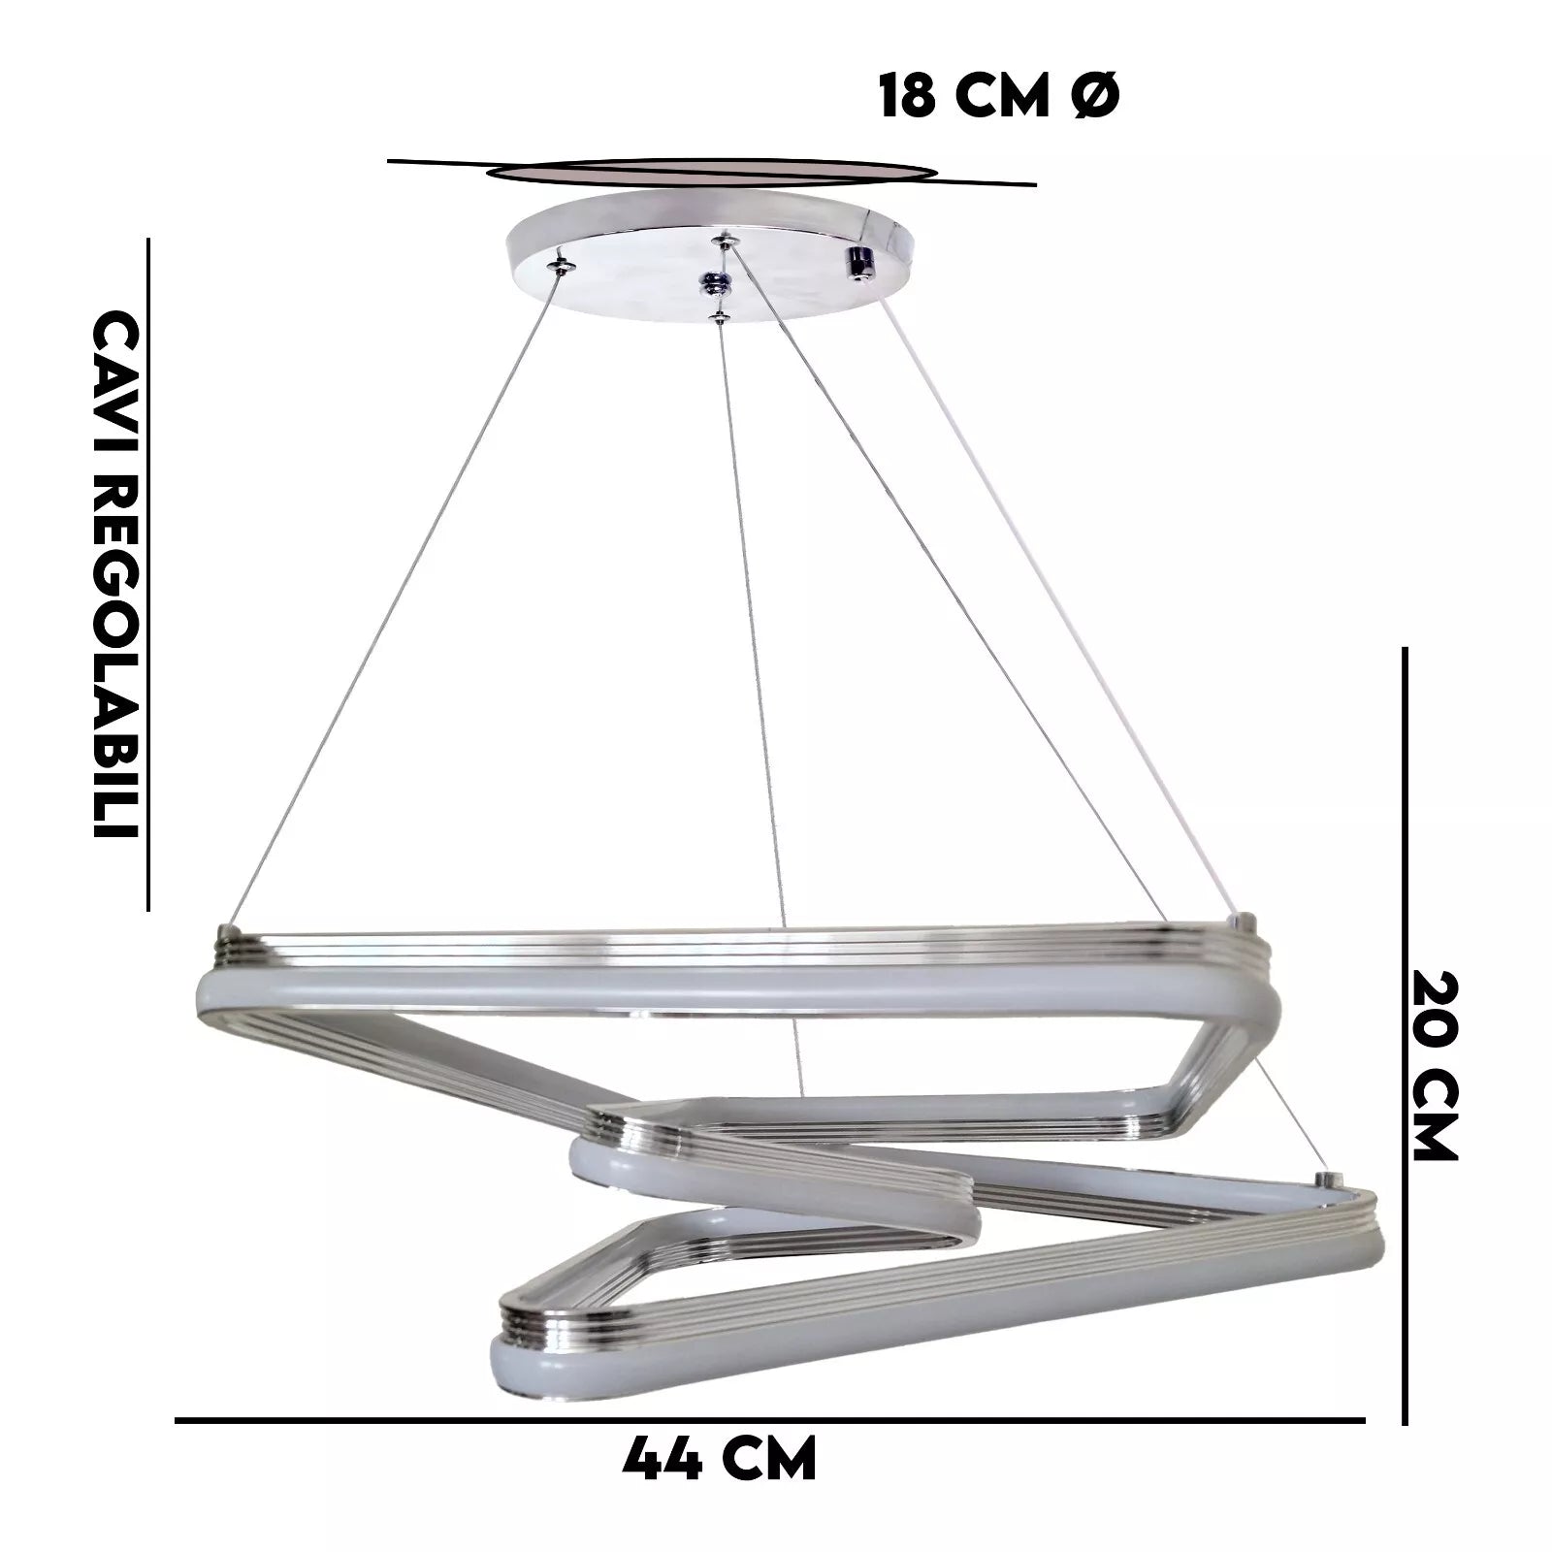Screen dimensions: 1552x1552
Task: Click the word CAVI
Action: [116, 368]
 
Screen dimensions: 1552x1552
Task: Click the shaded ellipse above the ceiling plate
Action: [711, 173]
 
